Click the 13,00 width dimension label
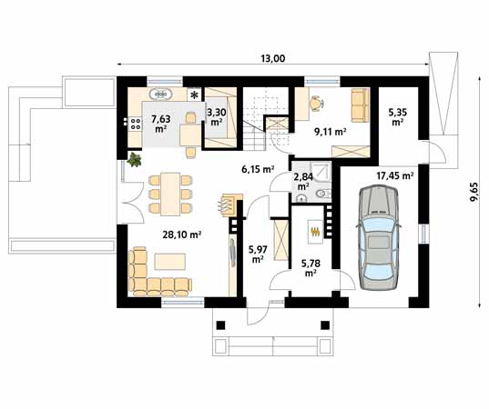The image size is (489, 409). (x=273, y=58)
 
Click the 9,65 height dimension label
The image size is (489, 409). (x=474, y=192)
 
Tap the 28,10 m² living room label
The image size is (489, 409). (x=181, y=234)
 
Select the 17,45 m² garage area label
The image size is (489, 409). (x=395, y=175)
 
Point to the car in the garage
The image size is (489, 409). (x=379, y=237)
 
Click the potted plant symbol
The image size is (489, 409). (x=135, y=159)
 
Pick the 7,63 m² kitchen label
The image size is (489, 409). (x=160, y=124)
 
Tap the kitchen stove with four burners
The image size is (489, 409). (x=135, y=123)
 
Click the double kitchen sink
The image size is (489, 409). (x=160, y=94)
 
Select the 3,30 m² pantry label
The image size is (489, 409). (x=217, y=116)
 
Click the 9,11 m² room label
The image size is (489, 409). (x=331, y=132)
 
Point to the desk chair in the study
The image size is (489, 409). (x=316, y=103)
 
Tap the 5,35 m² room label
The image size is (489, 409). (x=397, y=116)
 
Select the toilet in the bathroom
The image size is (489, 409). (x=322, y=194)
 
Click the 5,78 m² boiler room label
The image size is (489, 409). (x=311, y=268)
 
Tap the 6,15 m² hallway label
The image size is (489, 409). (x=258, y=169)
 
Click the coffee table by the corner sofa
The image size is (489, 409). (x=170, y=262)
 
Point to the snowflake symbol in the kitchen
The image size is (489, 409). (x=195, y=95)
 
